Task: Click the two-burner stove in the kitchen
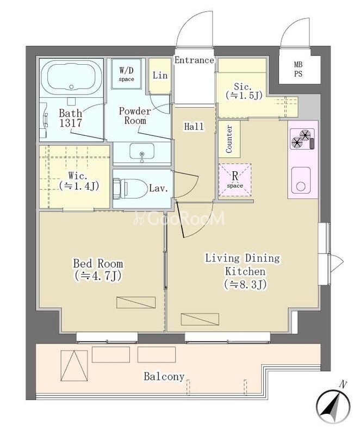[302, 139]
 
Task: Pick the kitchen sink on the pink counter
[301, 180]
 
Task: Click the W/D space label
[127, 74]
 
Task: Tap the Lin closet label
[160, 75]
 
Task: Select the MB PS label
[298, 70]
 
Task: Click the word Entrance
[194, 60]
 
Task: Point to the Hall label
[194, 127]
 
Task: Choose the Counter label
[229, 139]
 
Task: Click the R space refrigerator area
[235, 180]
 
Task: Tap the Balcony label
[164, 376]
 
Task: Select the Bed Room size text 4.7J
[98, 276]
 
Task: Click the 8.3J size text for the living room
[245, 284]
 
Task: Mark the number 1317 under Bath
[71, 123]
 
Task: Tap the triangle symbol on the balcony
[75, 366]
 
